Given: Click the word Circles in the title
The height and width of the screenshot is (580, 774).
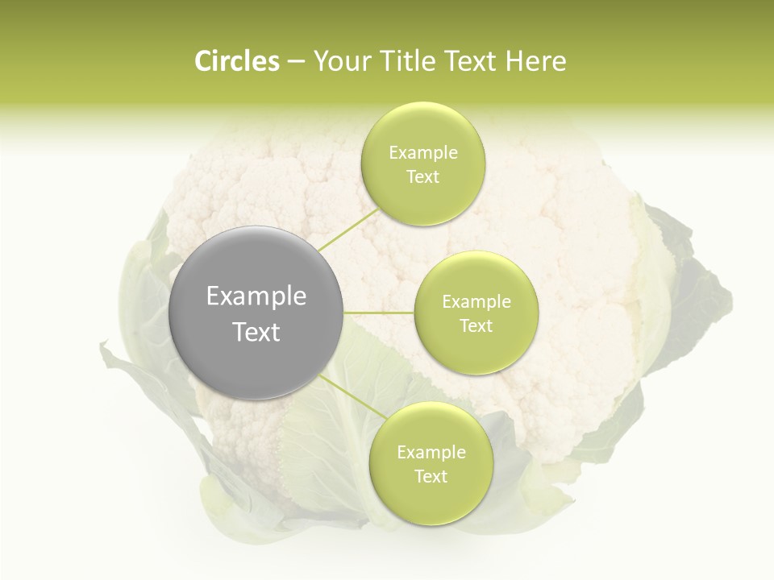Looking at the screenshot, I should [x=236, y=61].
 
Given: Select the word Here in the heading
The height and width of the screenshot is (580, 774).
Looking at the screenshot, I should [x=536, y=61].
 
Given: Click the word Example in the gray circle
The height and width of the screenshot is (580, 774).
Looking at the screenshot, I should [x=256, y=296].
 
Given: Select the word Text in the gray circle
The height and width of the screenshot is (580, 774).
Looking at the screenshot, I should [x=256, y=332].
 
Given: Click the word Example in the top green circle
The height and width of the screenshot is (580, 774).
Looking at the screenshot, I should [x=422, y=153].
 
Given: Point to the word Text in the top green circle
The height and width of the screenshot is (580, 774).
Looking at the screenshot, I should [x=422, y=177].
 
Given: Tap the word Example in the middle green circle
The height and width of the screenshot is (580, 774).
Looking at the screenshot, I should [x=476, y=302].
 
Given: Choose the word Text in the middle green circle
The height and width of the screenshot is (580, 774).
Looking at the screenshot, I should [x=476, y=326].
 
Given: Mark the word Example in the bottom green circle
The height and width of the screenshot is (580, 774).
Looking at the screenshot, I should [x=431, y=453].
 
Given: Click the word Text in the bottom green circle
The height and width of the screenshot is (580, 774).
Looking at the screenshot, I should [x=431, y=477].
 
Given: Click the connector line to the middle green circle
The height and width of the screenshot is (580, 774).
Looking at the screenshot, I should [x=379, y=313].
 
